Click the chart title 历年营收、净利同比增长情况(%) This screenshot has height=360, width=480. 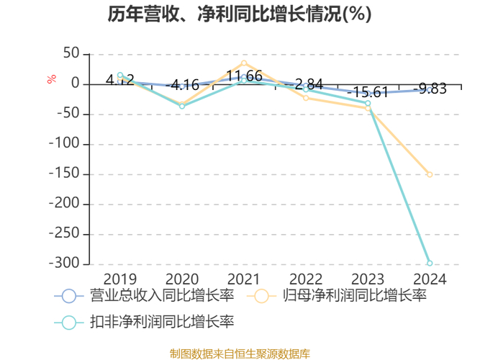click(240, 14)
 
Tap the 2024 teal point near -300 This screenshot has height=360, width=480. click(430, 263)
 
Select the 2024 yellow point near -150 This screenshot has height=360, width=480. click(430, 174)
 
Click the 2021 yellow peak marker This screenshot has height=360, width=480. click(244, 63)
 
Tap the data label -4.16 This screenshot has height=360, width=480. click(182, 86)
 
